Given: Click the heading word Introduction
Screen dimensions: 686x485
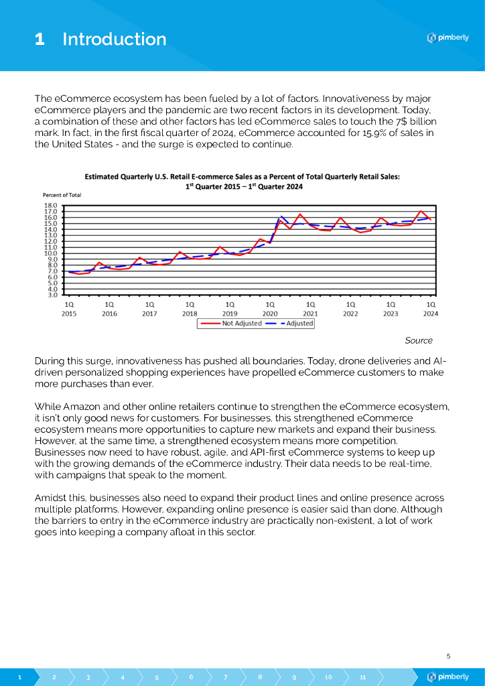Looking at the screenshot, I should pos(114,39).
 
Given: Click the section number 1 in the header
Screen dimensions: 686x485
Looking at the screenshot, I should pos(40,39).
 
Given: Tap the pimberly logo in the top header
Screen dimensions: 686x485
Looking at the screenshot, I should pos(448,38).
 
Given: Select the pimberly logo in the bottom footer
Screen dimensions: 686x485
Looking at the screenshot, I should pos(448,677).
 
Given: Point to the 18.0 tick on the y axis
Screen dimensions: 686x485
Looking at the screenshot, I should pos(50,205).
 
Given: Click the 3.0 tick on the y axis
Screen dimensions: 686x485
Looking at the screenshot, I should pos(50,294).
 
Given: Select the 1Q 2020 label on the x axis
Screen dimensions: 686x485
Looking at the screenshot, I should pos(270,308).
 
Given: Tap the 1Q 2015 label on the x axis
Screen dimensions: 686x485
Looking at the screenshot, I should pos(69,308).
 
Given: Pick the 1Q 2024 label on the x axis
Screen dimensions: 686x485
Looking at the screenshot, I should pos(431,308).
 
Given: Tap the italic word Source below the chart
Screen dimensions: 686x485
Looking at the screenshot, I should pos(419,340).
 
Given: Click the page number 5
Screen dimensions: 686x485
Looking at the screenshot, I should pos(448,655).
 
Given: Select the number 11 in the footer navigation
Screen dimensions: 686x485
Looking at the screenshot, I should pos(362,677).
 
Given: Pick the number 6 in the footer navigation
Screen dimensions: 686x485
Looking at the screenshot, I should pos(191,677).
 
